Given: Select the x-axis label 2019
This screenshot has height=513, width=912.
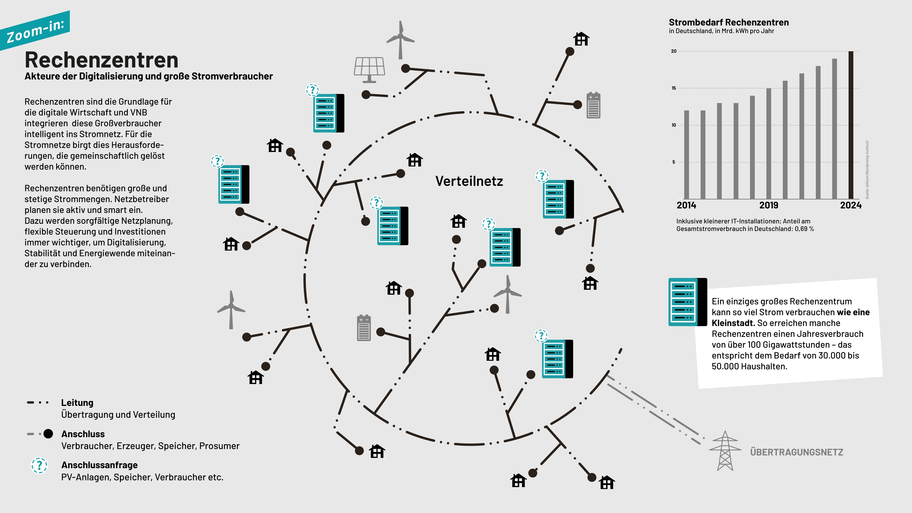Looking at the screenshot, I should (769, 205).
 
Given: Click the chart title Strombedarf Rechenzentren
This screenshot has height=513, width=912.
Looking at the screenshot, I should (729, 22).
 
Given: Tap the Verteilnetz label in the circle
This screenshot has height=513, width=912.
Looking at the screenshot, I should (469, 181).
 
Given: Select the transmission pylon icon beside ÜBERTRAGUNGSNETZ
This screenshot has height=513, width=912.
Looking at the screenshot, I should (725, 451).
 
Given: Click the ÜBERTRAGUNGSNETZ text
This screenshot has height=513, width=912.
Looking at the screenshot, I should (797, 452).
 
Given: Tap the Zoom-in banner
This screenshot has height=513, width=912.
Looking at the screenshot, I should (35, 31).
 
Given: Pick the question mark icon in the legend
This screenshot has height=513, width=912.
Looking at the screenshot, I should (39, 465).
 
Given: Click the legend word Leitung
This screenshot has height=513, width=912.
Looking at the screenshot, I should (77, 403).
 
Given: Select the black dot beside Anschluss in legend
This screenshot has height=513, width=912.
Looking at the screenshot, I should (48, 434).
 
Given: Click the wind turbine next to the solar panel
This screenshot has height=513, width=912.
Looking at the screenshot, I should (400, 40).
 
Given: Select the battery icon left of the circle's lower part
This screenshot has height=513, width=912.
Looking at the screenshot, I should (364, 328).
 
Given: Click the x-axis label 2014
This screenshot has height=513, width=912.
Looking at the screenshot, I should (686, 205).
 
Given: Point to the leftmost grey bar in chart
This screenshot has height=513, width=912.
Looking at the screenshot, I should (686, 154).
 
